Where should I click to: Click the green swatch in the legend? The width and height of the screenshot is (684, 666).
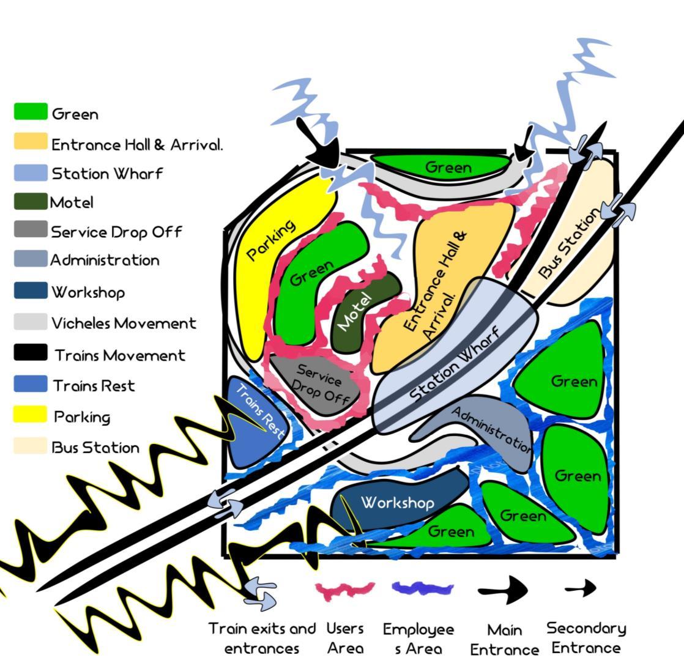click(31, 112)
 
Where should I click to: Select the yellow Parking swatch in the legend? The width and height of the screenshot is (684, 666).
click(31, 416)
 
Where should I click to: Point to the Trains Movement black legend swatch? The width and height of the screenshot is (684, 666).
click(31, 353)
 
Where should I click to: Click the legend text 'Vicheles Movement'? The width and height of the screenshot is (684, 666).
click(124, 323)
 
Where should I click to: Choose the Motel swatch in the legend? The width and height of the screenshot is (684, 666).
click(31, 202)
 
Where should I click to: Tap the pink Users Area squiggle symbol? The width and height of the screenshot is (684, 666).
click(344, 590)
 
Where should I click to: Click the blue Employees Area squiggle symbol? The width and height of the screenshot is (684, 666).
click(422, 589)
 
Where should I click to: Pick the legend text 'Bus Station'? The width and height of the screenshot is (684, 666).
click(95, 448)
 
